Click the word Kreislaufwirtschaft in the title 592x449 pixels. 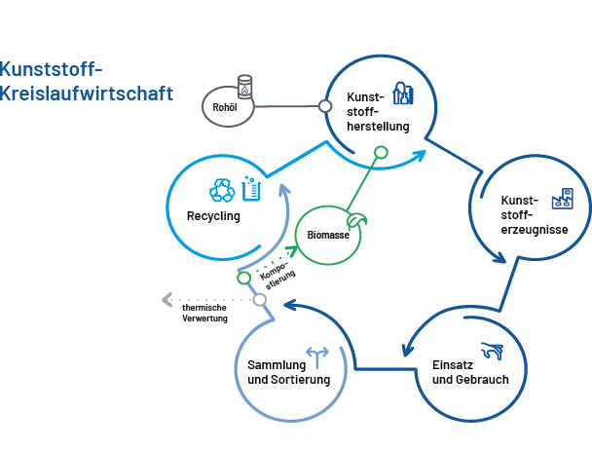click(x=88, y=94)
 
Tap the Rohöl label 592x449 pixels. click(x=225, y=106)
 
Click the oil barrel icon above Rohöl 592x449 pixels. click(x=244, y=88)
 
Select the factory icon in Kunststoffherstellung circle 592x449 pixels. click(x=402, y=93)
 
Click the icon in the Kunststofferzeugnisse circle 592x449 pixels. click(x=562, y=200)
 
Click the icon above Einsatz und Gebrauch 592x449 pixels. click(x=492, y=349)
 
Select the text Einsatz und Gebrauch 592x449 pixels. click(x=469, y=372)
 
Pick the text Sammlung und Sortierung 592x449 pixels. click(x=289, y=372)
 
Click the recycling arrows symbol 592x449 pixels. click(x=223, y=190)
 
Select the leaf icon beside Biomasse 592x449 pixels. click(x=359, y=221)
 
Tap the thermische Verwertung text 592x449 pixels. click(x=204, y=314)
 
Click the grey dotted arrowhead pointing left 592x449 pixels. click(x=167, y=299)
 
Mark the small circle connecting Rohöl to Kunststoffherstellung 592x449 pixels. click(x=325, y=105)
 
